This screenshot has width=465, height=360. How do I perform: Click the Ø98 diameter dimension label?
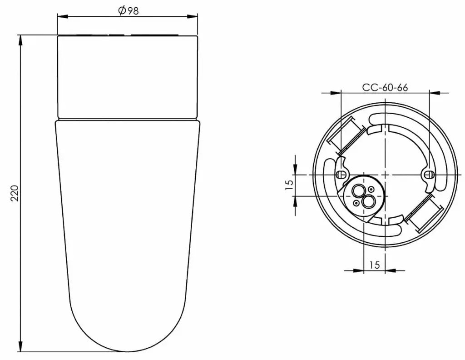(x=128, y=11)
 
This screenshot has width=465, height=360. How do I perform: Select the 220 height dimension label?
(x=15, y=193)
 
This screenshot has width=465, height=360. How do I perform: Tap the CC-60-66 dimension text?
(x=385, y=87)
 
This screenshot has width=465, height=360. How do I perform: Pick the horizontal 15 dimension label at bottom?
(x=375, y=265)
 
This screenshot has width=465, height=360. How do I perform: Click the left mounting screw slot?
(x=341, y=175)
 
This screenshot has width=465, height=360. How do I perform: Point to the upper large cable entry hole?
(x=359, y=190)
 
